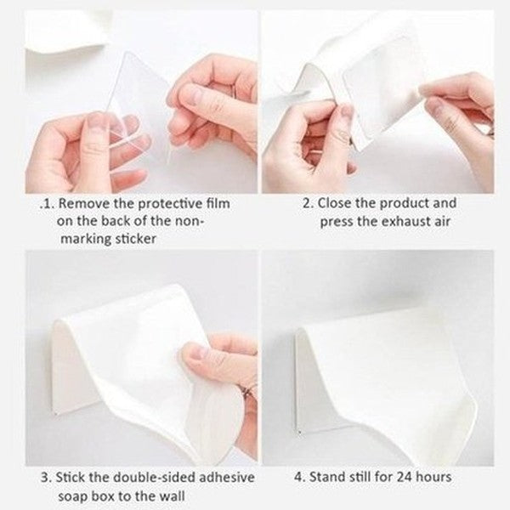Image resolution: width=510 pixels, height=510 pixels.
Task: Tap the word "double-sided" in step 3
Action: (152, 477)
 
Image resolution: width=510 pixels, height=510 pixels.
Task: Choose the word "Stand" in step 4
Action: (327, 477)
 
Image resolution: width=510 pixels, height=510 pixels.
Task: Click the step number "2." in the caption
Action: (310, 203)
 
